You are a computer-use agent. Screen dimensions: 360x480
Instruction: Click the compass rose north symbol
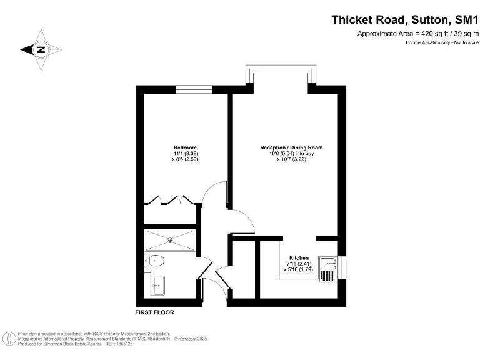[x=41, y=49]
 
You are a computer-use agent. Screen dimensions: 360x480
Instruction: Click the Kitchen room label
[x=298, y=257]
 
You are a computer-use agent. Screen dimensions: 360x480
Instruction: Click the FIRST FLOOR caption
[x=154, y=312]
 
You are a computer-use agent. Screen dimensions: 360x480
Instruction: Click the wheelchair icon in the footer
[x=10, y=339]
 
